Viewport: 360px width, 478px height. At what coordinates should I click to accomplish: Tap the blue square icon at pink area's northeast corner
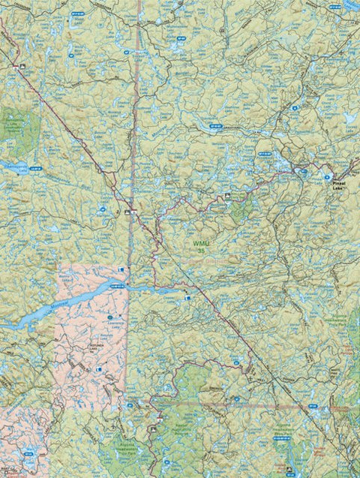[122, 268]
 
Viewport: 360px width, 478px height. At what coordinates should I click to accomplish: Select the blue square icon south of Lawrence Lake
[98, 370]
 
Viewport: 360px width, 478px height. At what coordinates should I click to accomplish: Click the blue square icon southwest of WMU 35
[187, 298]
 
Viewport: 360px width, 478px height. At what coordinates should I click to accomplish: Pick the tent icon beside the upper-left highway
[23, 68]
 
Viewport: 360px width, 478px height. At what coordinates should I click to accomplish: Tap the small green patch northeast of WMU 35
[240, 210]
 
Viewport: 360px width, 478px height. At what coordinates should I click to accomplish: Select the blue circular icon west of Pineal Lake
[304, 170]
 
